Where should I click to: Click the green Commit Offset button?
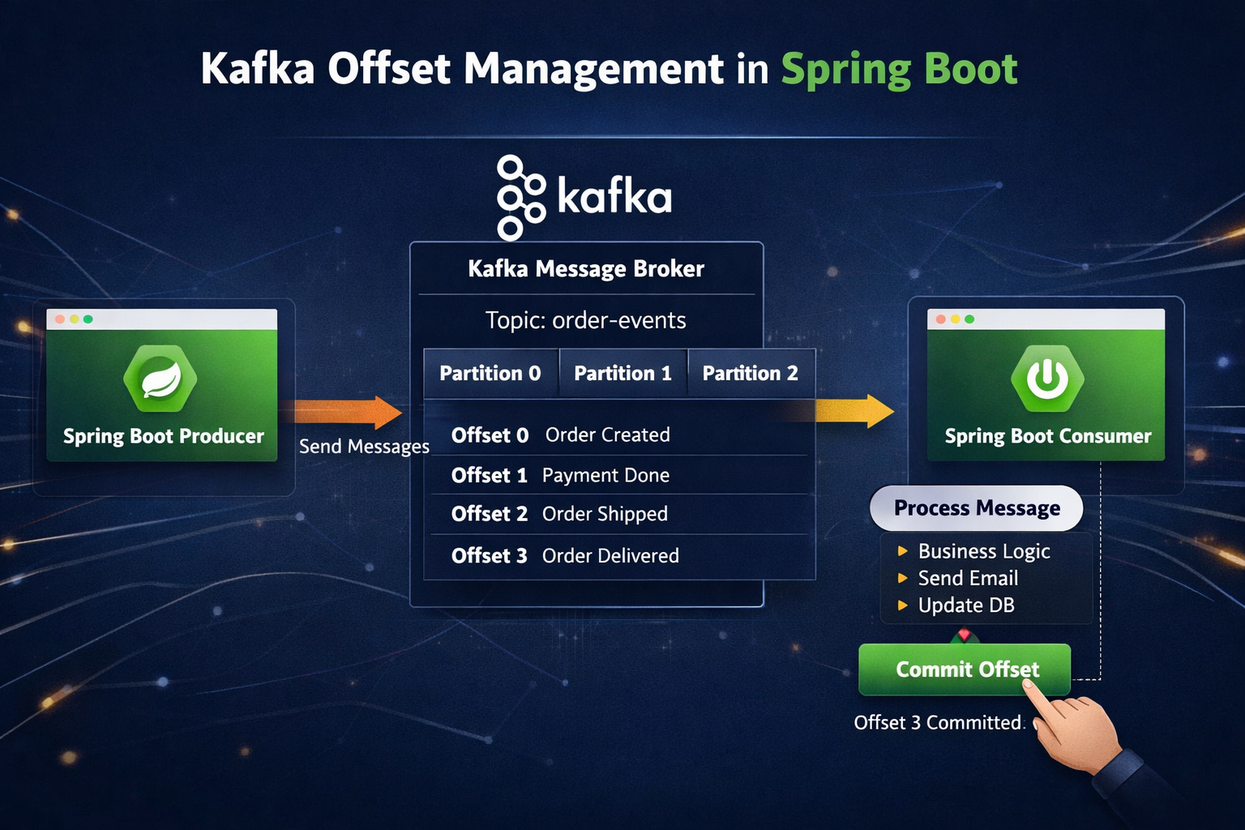point(965,670)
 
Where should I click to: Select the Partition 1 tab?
point(623,373)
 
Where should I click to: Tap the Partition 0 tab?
point(490,373)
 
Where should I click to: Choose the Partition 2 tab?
point(751,373)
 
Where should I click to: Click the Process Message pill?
point(977,508)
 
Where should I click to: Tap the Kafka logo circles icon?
point(521,198)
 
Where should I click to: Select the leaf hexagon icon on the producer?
point(160,379)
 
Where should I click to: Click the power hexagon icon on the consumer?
point(1047,379)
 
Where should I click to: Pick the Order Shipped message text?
point(605,514)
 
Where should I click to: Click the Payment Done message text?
point(605,475)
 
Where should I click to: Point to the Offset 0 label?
point(490,435)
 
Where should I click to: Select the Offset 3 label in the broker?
point(489,556)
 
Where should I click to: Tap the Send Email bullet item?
point(959,578)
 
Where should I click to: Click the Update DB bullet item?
point(956,605)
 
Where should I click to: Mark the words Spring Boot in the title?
point(899,70)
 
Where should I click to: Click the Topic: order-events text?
point(586,321)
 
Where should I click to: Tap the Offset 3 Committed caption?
point(938,723)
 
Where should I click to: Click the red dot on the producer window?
point(60,319)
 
